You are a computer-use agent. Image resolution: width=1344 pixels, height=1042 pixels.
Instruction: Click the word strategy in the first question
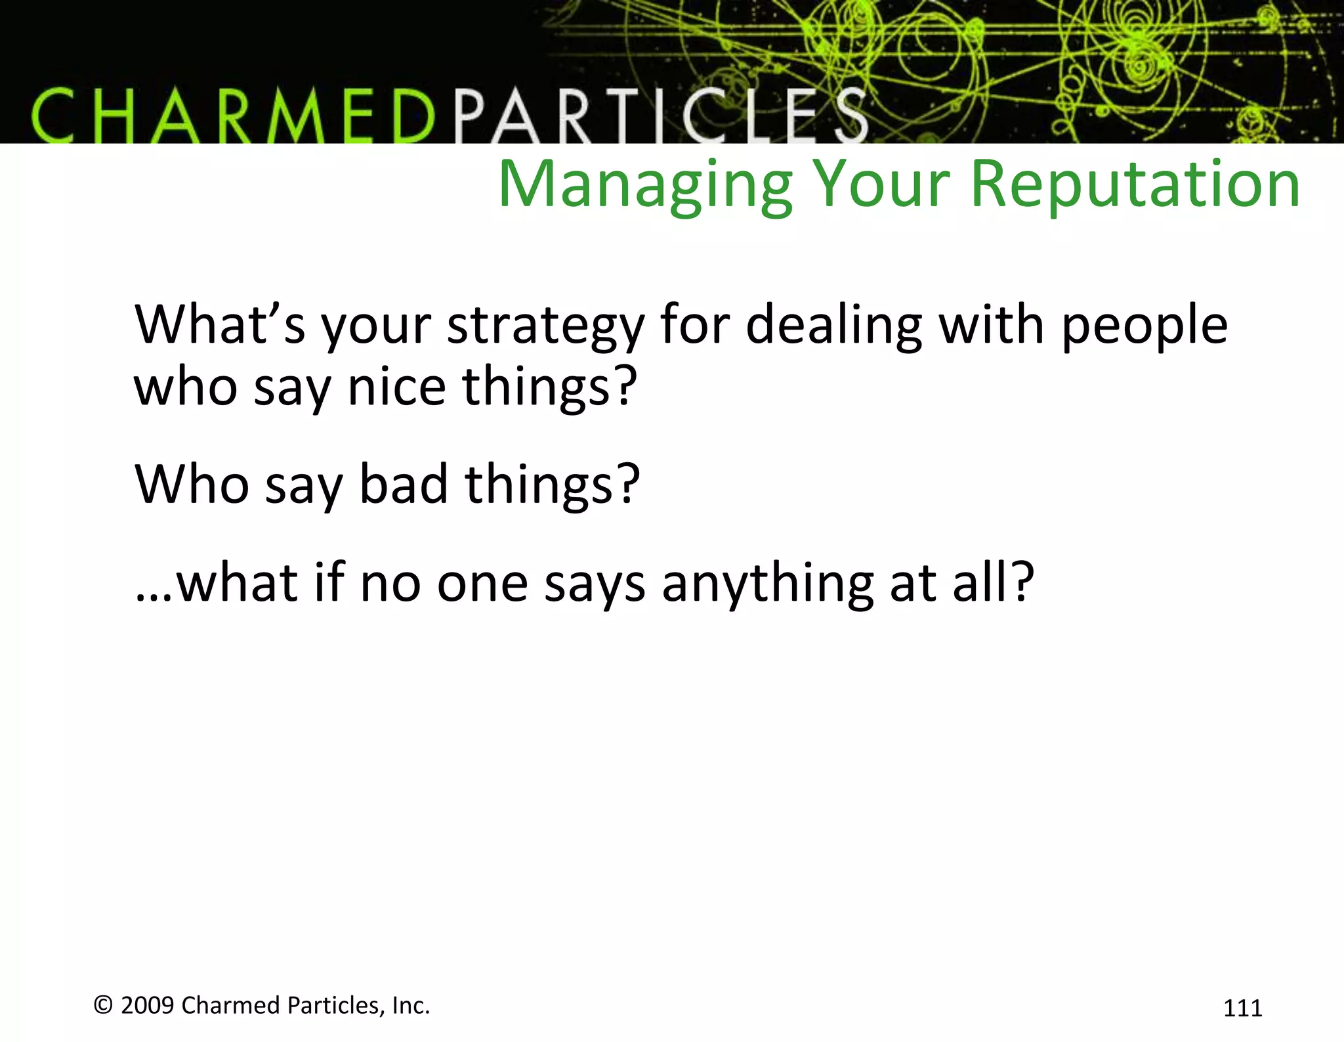[x=545, y=326]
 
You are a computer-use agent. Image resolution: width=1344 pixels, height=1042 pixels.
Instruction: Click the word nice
[x=397, y=387]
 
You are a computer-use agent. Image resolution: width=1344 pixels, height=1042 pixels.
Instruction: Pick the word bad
[x=404, y=484]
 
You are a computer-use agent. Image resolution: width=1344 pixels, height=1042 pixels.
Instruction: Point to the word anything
[x=767, y=584]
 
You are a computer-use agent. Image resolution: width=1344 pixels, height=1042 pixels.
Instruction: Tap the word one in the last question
[x=482, y=584]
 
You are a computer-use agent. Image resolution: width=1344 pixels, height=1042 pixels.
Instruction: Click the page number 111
[x=1242, y=1008]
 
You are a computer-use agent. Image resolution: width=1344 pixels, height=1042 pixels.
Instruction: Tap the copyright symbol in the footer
[x=103, y=1005]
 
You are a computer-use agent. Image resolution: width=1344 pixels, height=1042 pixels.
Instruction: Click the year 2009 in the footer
[x=148, y=1005]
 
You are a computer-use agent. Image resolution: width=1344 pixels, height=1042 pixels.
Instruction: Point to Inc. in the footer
[x=411, y=1005]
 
